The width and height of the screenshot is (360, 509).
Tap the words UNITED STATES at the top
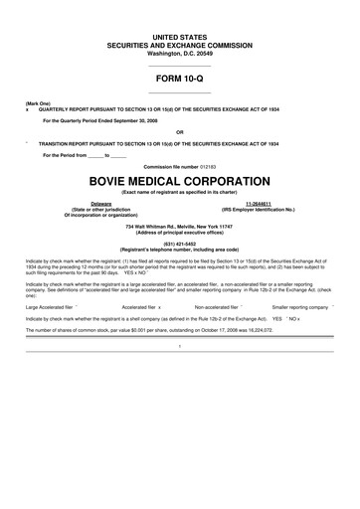tap(179, 36)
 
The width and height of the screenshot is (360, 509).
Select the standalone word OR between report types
tap(179, 131)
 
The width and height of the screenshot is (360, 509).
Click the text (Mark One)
tap(40, 102)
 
